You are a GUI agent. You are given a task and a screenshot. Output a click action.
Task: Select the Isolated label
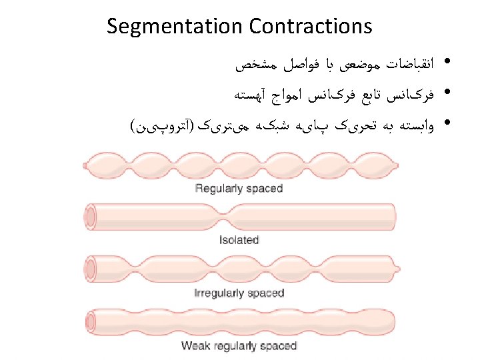[239, 240]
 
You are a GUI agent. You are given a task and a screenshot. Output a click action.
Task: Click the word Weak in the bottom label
[195, 346]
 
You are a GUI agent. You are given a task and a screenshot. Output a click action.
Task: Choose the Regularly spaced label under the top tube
[239, 188]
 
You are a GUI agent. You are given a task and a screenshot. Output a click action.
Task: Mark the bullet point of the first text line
[445, 64]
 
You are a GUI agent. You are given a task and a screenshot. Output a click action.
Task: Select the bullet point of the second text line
[445, 93]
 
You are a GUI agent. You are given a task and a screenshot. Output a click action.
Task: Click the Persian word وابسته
[414, 124]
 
